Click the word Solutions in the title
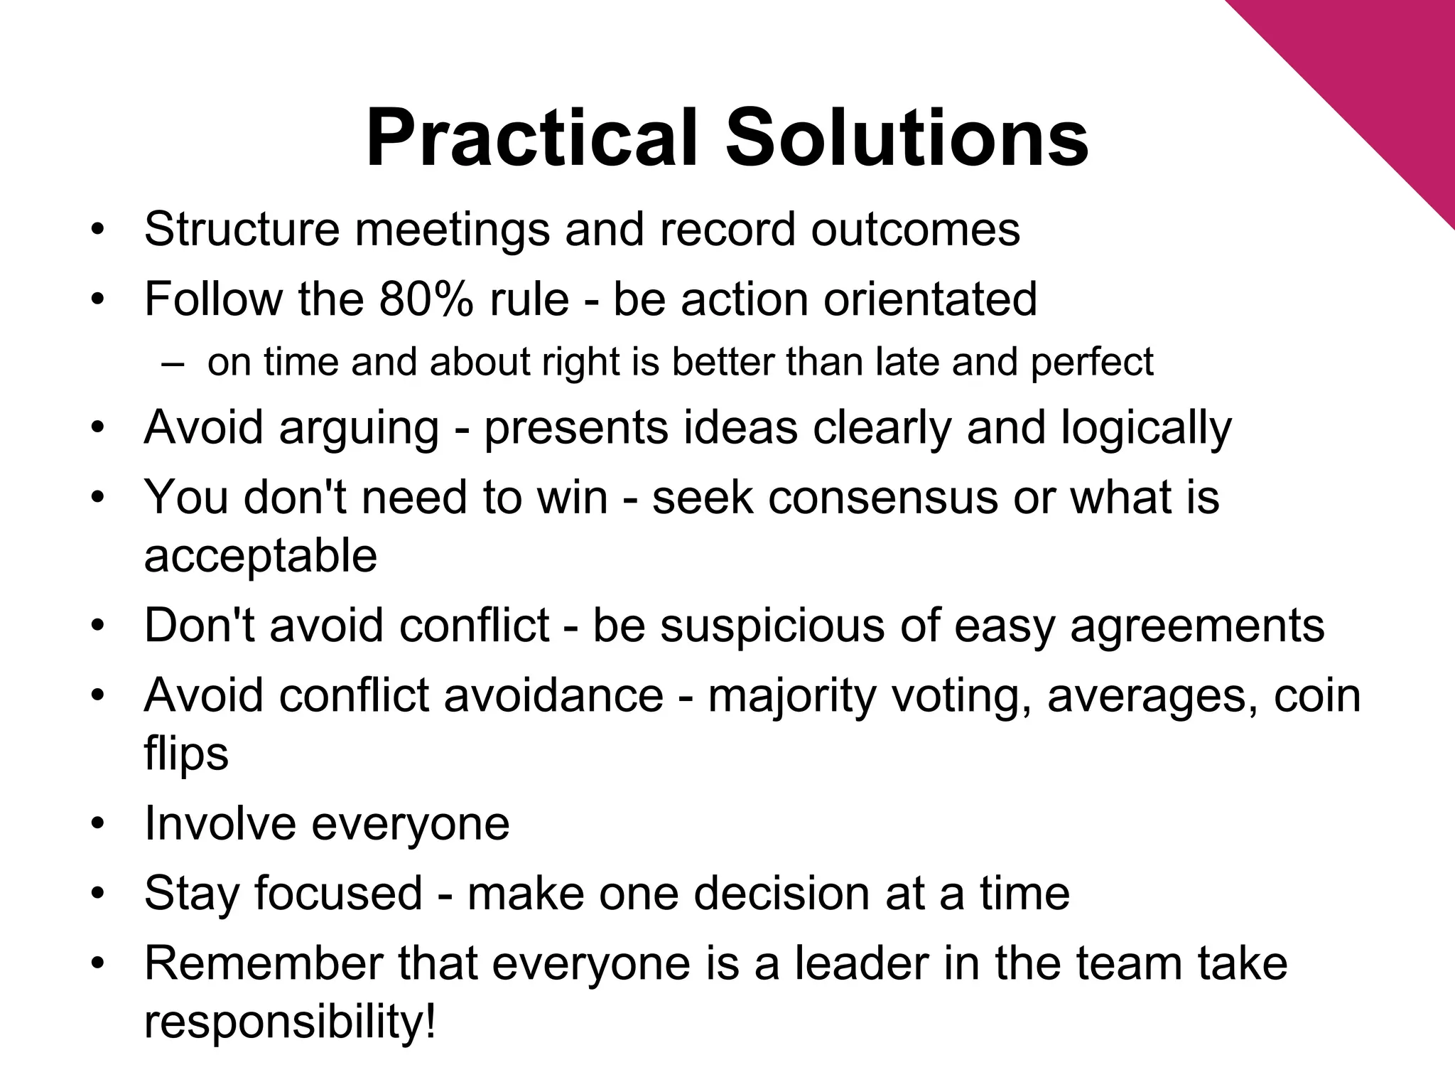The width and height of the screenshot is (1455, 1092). pos(907,139)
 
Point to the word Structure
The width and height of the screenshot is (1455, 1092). pos(242,229)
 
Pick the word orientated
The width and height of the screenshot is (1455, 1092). pos(930,299)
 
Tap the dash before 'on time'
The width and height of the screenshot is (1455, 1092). pos(173,363)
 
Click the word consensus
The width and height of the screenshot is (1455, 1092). pos(883,497)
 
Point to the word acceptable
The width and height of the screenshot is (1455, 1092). pos(260,556)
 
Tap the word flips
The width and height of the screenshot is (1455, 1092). pos(186,754)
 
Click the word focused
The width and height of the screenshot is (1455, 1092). pos(338,893)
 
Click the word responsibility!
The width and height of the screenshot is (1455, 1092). pos(290,1022)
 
